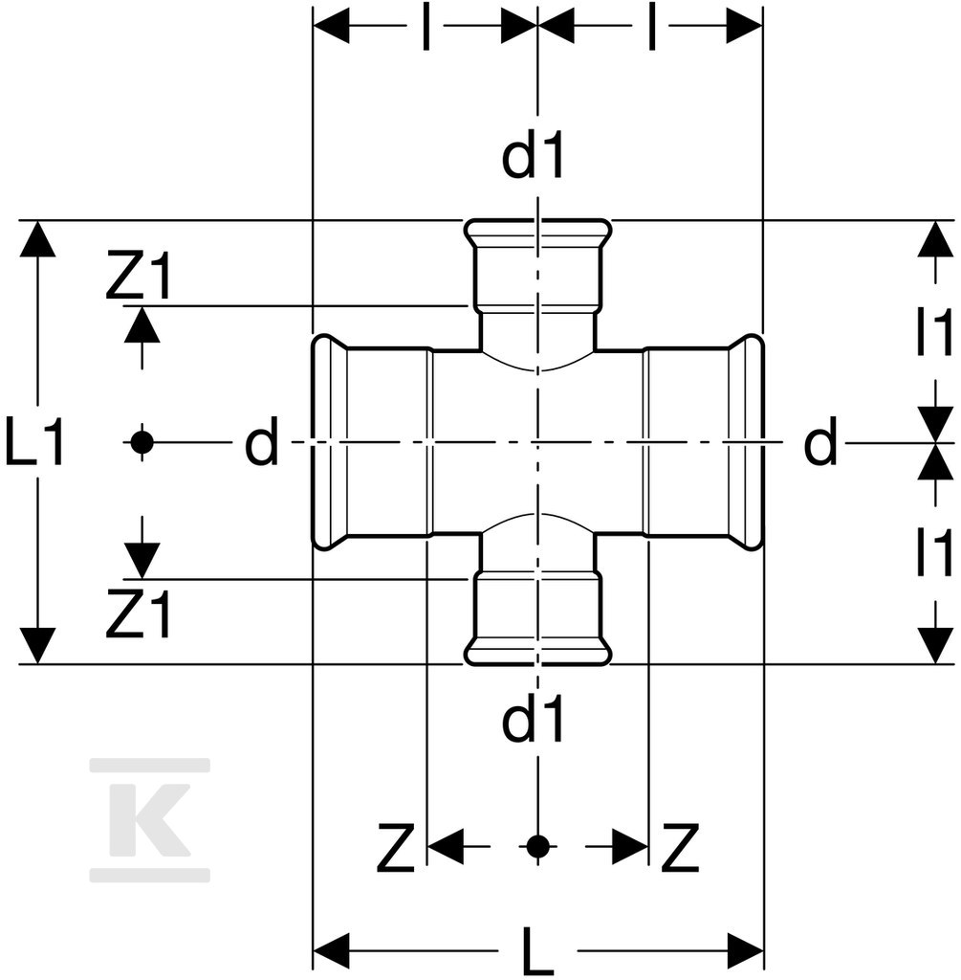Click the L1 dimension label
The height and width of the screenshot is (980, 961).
coord(34,442)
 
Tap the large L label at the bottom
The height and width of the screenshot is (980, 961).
coord(537,952)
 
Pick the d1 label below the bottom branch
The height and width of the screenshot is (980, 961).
coord(534,718)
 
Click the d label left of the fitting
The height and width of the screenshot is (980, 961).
coord(261,442)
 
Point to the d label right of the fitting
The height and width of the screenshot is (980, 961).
coord(820,442)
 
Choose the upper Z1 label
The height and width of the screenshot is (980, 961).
coord(138,276)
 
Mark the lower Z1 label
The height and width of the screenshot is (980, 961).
coord(138,613)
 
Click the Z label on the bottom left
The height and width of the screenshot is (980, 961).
coord(395,848)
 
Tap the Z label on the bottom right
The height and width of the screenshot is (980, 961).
coord(680,848)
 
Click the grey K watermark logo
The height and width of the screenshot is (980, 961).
coord(150,820)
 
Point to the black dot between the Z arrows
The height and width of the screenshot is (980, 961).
coord(537,847)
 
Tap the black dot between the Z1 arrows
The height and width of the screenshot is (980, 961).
coord(142,442)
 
